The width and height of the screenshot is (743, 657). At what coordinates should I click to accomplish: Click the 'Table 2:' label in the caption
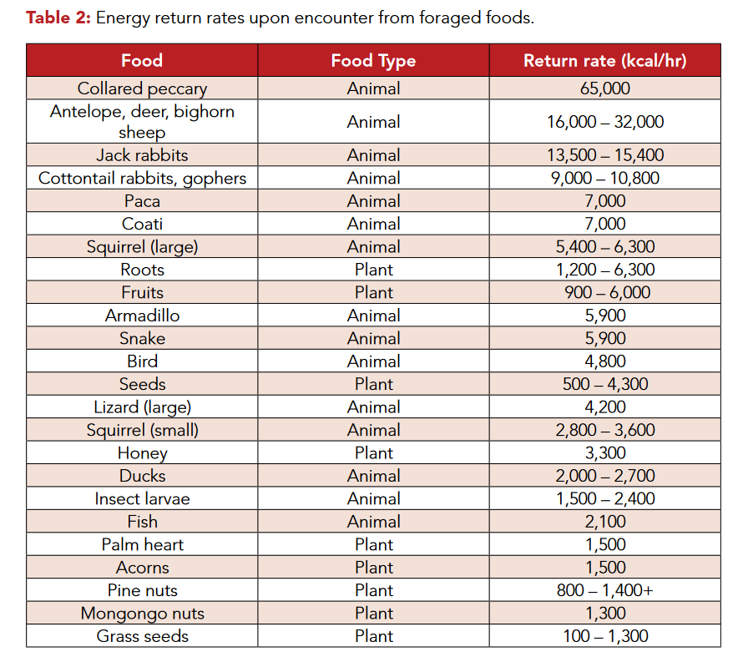pos(58,18)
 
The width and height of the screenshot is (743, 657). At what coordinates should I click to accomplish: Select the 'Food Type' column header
pos(373,61)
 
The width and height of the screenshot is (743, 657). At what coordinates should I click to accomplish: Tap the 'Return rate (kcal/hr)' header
pos(604,61)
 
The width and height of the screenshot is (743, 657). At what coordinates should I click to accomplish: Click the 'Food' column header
pos(142,61)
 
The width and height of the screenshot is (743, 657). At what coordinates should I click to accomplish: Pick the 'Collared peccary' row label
pos(142,88)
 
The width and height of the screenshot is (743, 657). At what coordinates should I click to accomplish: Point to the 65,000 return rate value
pos(604,88)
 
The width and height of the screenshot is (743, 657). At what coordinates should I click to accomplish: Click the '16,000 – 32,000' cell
pos(604,122)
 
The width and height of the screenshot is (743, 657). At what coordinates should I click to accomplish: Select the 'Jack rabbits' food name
pos(142,155)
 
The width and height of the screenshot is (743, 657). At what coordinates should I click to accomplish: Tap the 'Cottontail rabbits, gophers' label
pos(142,178)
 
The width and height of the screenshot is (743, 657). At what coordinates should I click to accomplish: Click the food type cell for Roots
pos(373,270)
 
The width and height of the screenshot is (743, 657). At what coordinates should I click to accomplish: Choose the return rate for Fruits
pos(604,293)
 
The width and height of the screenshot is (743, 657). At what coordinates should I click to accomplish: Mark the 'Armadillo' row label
pos(142,316)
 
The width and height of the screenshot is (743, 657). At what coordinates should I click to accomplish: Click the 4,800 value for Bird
pos(604,361)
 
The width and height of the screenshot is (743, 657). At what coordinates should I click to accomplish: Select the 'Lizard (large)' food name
pos(142,407)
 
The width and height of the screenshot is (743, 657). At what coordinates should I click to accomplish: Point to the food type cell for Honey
pos(373,453)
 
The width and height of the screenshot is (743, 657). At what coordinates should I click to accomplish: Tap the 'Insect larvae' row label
pos(142,499)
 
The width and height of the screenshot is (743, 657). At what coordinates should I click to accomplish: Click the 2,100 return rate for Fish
pos(604,522)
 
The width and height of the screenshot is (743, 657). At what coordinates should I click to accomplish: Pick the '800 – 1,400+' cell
pos(604,591)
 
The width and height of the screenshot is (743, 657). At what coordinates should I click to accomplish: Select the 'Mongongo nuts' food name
pos(142,614)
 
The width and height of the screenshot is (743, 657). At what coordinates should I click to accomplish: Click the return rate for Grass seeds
pos(604,636)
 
